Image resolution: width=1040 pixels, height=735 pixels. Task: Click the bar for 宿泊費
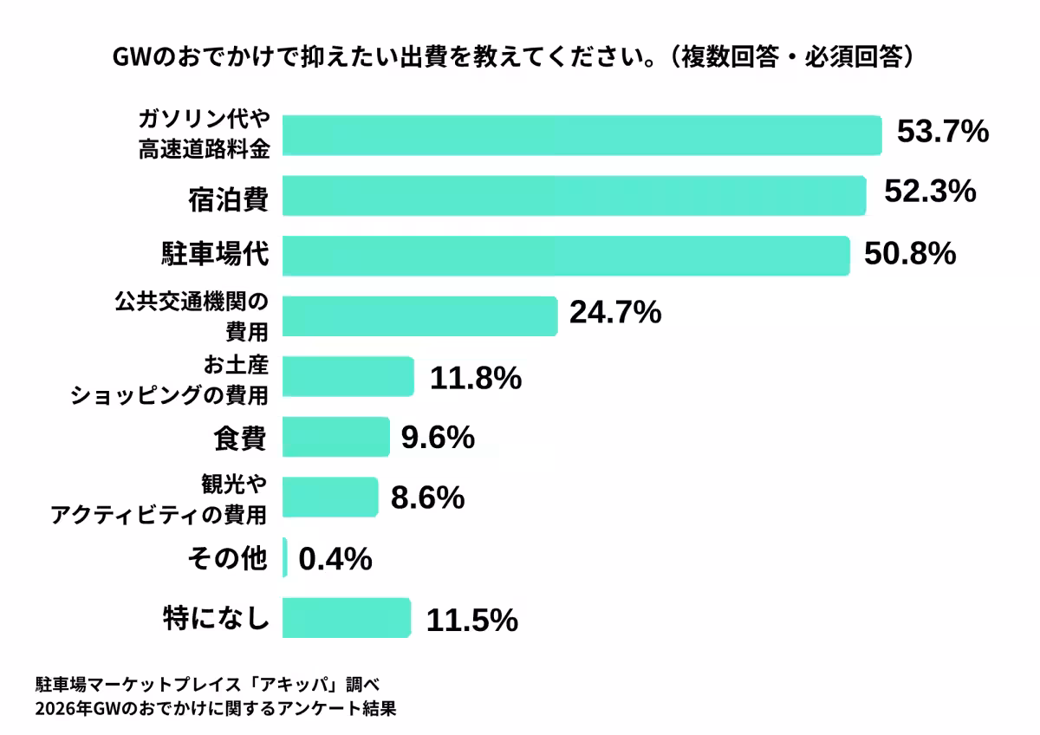click(x=574, y=195)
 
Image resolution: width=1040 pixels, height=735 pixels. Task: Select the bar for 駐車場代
click(x=565, y=255)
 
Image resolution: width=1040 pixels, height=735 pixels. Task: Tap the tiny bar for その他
click(x=285, y=557)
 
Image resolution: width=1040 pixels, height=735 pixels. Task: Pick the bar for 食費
click(x=335, y=437)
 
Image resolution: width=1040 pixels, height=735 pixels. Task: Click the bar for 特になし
click(x=346, y=618)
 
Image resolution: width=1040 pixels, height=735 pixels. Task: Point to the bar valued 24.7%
click(x=419, y=315)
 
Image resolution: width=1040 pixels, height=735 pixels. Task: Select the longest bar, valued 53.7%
click(x=582, y=134)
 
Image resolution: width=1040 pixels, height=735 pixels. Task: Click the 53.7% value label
click(x=942, y=133)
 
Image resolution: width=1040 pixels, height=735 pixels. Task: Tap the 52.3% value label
click(x=930, y=192)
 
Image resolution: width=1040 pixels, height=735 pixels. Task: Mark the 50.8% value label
click(x=910, y=254)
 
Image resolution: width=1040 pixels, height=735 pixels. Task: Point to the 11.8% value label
click(x=475, y=378)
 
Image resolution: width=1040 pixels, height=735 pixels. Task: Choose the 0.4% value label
click(x=335, y=560)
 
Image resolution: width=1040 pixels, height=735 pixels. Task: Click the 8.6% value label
click(x=428, y=498)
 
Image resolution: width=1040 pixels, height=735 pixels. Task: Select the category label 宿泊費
click(x=229, y=199)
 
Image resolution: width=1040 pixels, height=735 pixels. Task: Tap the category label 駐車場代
click(x=216, y=257)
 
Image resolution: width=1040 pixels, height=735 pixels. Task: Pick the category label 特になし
click(x=216, y=619)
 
